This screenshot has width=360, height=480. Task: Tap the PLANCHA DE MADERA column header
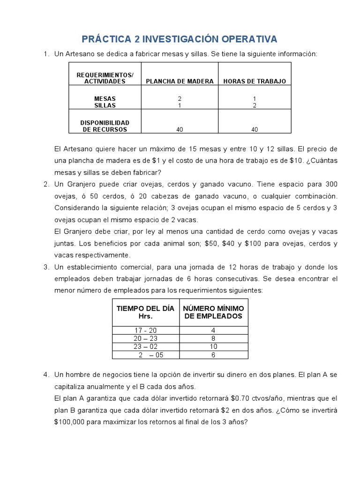point(180,81)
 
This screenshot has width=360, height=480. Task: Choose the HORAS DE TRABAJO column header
point(255,81)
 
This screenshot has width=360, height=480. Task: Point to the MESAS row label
point(105,99)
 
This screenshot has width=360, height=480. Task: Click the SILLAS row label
point(105,105)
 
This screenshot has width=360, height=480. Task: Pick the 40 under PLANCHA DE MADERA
point(180,129)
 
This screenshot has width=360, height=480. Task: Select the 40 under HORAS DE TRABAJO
point(255,129)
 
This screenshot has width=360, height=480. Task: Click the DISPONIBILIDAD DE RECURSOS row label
point(105,126)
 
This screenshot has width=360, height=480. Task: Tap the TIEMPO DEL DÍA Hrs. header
point(145,312)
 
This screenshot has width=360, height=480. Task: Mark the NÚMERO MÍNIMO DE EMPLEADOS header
point(213,312)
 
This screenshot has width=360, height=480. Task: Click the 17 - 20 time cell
point(145,330)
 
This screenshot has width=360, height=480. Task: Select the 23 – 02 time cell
point(145,346)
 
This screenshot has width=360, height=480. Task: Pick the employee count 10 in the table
point(213,346)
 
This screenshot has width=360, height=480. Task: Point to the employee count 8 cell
point(213,338)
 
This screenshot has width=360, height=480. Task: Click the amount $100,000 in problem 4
point(70,422)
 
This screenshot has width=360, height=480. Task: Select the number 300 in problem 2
point(331,184)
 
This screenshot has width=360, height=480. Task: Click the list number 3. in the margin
point(46,267)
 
